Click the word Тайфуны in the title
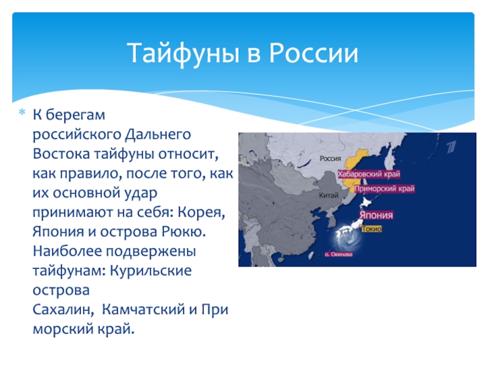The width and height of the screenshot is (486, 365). [x=183, y=53]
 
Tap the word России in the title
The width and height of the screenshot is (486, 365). [x=313, y=53]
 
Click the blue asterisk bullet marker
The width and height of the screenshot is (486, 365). [x=22, y=112]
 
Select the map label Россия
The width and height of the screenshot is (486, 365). [x=330, y=159]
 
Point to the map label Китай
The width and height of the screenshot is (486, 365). [x=329, y=195]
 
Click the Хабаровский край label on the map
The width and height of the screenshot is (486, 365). [x=369, y=174]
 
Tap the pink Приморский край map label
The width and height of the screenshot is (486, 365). [x=385, y=189]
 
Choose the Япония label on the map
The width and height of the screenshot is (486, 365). [x=376, y=215]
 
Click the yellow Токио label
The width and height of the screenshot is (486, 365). [x=372, y=229]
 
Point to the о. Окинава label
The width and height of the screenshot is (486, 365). [x=338, y=254]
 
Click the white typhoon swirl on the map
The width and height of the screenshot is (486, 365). [x=349, y=239]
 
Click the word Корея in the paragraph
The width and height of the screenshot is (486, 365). [x=201, y=212]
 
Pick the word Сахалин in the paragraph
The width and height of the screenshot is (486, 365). [x=63, y=310]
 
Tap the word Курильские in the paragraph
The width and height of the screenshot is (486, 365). [x=151, y=271]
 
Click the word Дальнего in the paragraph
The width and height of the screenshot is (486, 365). [x=158, y=135]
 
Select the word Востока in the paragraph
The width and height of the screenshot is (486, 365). [x=61, y=155]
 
